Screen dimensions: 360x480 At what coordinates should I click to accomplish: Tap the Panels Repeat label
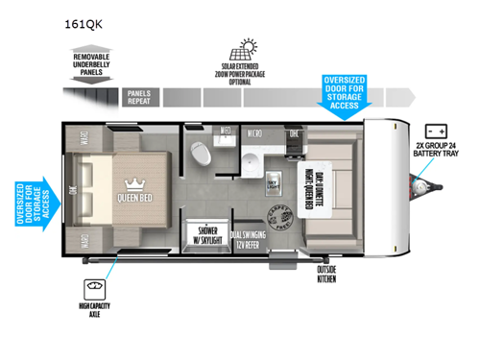coord(138,96)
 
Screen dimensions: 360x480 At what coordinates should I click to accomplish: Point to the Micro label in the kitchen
coord(256,132)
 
